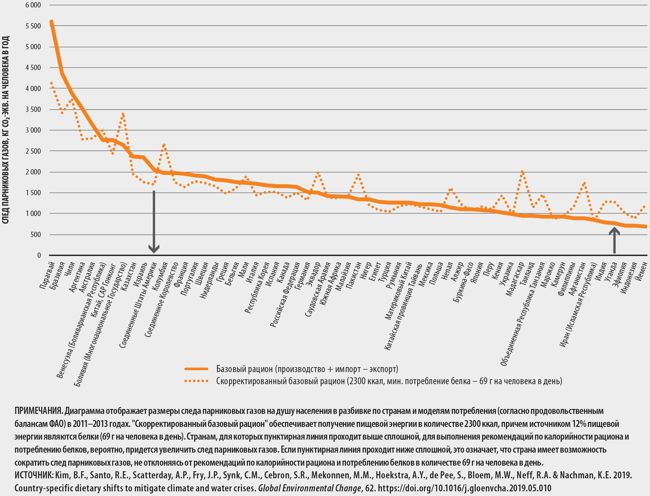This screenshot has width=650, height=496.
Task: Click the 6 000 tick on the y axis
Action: [x=33, y=5]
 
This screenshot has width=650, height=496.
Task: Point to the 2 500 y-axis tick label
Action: [x=33, y=151]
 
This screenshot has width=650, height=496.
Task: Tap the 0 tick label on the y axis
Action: [x=39, y=255]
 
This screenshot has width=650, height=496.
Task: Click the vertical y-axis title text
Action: [x=6, y=130]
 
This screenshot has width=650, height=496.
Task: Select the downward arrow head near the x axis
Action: [x=154, y=249]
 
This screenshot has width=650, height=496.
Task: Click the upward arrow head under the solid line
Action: [x=614, y=231]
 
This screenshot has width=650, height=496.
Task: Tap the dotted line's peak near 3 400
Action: [x=123, y=114]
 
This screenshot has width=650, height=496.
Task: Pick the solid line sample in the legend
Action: [x=196, y=369]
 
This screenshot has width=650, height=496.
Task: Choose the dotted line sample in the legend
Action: [x=196, y=381]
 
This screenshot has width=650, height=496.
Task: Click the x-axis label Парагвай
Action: [x=47, y=275]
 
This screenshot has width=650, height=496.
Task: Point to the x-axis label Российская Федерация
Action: [x=285, y=295]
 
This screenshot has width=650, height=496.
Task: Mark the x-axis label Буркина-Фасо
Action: [x=463, y=282]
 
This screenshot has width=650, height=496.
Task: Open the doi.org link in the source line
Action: [x=465, y=488]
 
